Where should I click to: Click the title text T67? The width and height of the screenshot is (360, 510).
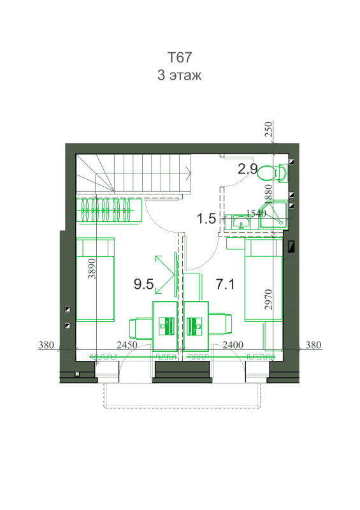click(180, 57)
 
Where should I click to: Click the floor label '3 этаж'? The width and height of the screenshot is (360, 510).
click(180, 75)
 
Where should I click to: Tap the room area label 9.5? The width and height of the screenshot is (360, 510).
click(143, 284)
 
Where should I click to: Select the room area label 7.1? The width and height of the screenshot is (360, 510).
click(225, 284)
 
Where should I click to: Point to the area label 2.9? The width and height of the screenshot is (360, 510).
click(247, 169)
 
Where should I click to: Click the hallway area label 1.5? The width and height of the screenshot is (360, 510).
click(206, 219)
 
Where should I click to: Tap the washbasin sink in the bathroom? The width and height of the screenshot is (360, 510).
click(241, 222)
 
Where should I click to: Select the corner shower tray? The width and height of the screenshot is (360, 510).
click(273, 215)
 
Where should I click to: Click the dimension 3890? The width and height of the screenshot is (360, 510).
click(92, 268)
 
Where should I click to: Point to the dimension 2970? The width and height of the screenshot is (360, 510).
click(268, 299)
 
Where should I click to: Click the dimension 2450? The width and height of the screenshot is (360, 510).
click(127, 345)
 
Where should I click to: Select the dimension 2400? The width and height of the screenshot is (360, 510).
click(233, 345)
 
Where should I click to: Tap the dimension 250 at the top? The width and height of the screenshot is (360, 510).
click(268, 129)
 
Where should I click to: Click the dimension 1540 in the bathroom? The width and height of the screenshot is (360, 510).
click(256, 214)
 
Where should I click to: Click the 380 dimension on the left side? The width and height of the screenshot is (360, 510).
click(46, 345)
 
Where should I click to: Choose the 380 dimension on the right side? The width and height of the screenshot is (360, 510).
click(313, 345)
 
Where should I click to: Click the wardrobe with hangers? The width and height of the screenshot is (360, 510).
click(109, 210)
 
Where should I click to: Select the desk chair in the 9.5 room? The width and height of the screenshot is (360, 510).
click(141, 329)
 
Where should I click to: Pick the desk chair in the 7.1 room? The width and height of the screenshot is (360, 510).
click(220, 324)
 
